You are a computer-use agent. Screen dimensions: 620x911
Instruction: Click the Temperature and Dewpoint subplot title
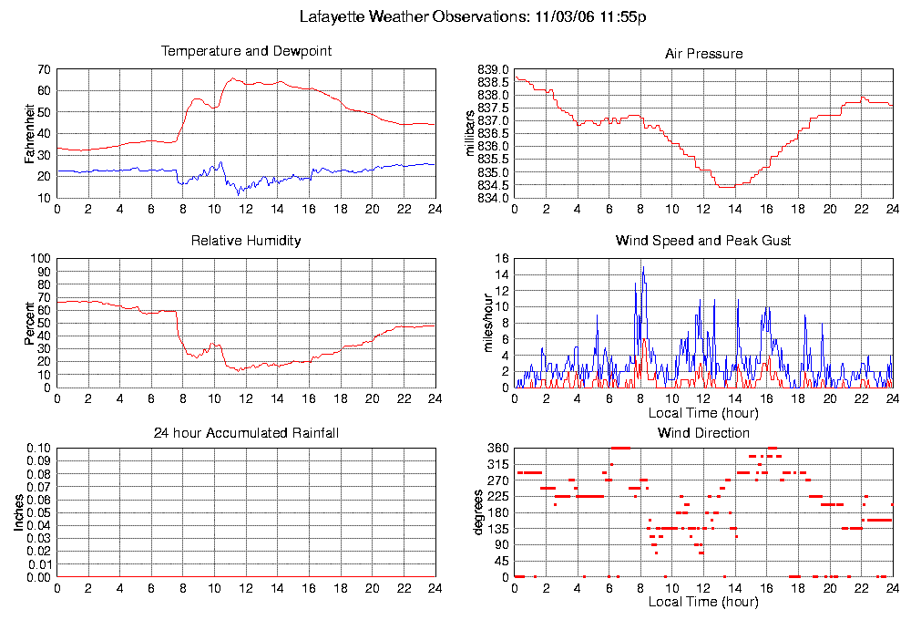[246, 51]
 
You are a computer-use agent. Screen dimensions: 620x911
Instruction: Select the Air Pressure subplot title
[703, 54]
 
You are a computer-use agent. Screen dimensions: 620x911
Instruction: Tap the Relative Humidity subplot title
[246, 241]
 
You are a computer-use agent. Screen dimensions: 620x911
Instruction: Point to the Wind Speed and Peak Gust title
[703, 241]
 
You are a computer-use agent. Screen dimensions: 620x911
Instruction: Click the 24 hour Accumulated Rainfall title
[246, 432]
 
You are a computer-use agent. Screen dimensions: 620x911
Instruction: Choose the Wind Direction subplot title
[703, 432]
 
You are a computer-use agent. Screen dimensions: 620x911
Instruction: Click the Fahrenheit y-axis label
[30, 134]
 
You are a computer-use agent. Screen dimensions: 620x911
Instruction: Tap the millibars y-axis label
[470, 134]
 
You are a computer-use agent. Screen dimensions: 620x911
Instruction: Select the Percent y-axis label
[30, 323]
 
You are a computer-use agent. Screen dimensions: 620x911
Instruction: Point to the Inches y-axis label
[19, 512]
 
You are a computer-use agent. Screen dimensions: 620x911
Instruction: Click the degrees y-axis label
[477, 512]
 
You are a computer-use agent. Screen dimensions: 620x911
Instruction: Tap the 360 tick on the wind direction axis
[497, 449]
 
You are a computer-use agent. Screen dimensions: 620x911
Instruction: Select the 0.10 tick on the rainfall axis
[39, 449]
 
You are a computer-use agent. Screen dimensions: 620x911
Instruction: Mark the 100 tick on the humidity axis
[42, 259]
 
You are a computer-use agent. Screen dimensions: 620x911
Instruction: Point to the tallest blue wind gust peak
[643, 267]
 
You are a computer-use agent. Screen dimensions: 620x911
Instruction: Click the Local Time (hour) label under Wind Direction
[703, 602]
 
